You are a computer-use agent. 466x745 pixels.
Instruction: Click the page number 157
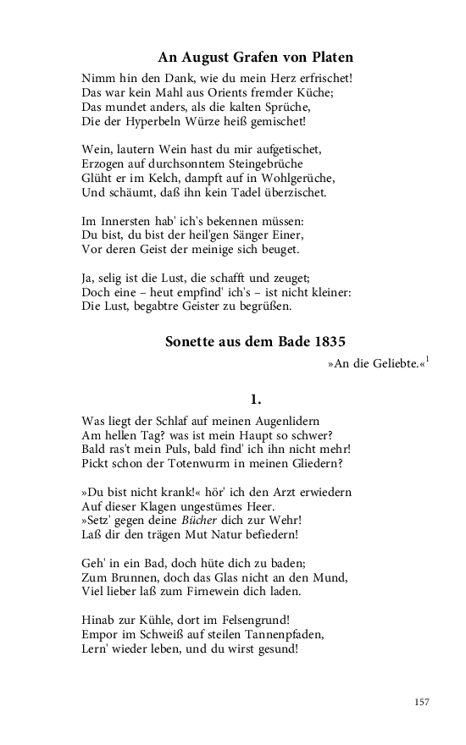[x=423, y=702]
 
